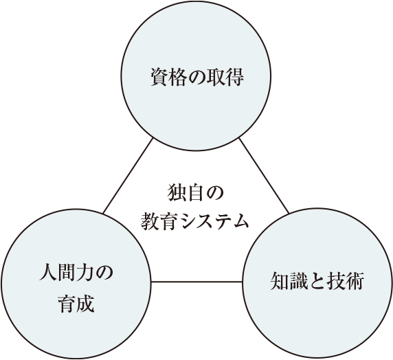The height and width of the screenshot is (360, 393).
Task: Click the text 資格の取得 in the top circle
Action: tap(197, 77)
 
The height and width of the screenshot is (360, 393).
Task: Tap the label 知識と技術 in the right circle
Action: tap(317, 281)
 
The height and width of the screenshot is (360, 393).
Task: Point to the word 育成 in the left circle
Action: tap(76, 304)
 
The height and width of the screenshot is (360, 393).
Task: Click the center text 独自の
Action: tap(195, 192)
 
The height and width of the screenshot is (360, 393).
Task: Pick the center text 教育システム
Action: tap(194, 221)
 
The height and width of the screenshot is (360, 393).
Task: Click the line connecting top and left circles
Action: tap(128, 176)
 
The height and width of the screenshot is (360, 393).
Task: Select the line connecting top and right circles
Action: tap(264, 175)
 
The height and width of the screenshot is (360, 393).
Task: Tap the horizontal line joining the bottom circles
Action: tap(197, 282)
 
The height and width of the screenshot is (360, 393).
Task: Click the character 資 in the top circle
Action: tap(159, 77)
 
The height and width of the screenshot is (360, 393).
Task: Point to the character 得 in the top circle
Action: tap(234, 77)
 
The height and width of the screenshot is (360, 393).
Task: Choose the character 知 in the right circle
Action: tap(280, 281)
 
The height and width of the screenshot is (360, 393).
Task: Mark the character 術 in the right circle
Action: tap(355, 281)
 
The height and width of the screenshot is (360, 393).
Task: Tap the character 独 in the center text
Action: tap(177, 192)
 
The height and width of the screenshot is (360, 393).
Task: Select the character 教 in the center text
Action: tap(150, 221)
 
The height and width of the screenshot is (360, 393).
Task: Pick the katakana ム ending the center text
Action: tap(240, 221)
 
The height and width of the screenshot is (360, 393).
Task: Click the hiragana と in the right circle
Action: tap(317, 282)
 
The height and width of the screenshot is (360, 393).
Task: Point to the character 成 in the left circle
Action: tap(85, 304)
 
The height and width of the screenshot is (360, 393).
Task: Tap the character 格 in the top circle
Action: tap(178, 77)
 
